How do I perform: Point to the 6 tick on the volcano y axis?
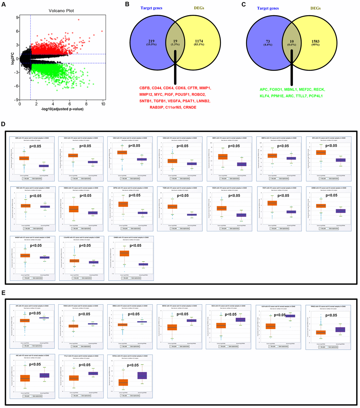pyautogui.click(x=16, y=31)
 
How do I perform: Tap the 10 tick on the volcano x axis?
pyautogui.click(x=103, y=104)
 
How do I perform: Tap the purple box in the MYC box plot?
pyautogui.click(x=341, y=160)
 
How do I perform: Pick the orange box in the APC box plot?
pyautogui.click(x=25, y=320)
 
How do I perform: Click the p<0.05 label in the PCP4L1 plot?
pyautogui.click(x=134, y=365)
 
